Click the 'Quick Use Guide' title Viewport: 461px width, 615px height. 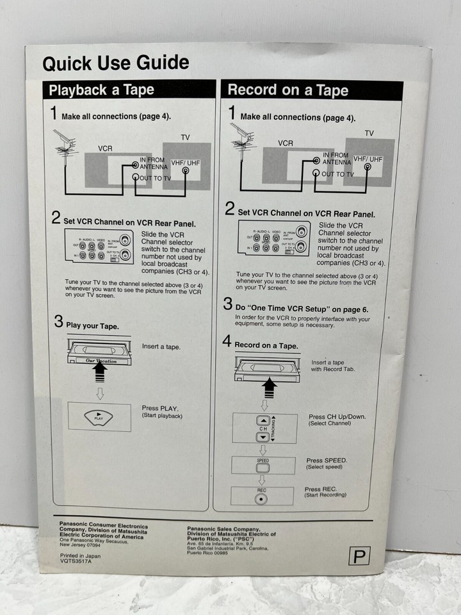coord(115,63)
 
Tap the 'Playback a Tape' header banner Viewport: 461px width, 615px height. coord(102,90)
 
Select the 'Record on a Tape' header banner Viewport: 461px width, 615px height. coord(287,90)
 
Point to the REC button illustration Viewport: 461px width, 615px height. coord(261,498)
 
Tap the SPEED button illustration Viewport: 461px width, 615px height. coord(263,467)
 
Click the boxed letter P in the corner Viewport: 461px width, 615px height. coord(359,556)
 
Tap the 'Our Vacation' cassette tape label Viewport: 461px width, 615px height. coord(97,361)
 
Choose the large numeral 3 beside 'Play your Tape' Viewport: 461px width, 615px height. coord(58,322)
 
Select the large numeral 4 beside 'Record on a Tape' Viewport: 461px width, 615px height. coord(227,341)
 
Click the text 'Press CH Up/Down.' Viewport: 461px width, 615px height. coord(337,416)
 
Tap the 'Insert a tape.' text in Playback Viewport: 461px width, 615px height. coord(161,347)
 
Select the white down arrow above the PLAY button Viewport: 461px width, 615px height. coord(100,393)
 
